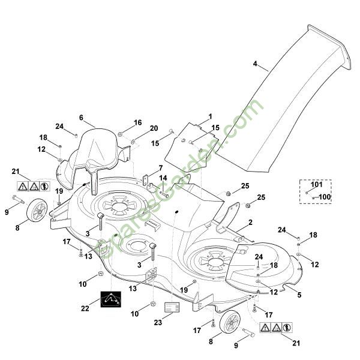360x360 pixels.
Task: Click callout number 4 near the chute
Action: [255, 64]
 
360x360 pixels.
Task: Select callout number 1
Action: [210, 116]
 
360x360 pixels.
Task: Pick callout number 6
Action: [81, 118]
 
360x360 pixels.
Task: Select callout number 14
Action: [163, 178]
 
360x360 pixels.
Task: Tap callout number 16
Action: [137, 122]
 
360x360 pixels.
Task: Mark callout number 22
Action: [85, 308]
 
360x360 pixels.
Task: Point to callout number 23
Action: [158, 322]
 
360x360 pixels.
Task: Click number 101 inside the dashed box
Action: [316, 185]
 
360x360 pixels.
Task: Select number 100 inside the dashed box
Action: [324, 196]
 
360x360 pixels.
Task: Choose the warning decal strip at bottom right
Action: [277, 328]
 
